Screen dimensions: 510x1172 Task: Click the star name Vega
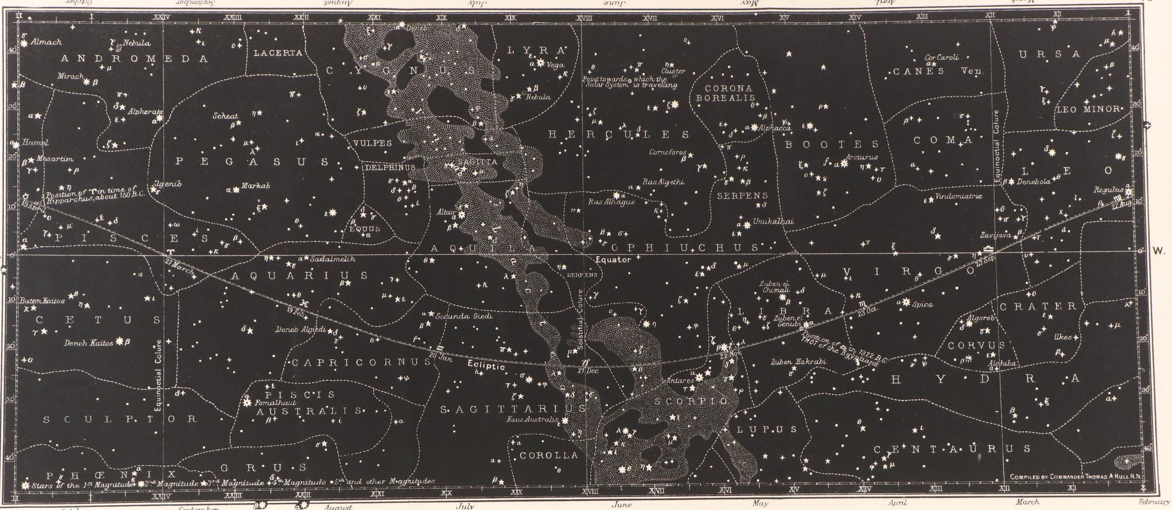click(x=556, y=65)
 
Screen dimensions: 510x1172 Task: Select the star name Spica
click(x=923, y=304)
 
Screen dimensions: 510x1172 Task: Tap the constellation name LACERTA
click(x=277, y=53)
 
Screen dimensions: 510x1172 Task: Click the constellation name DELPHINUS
click(x=390, y=167)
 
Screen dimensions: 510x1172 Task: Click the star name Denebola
click(x=1034, y=181)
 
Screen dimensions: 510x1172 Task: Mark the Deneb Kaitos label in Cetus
click(x=89, y=343)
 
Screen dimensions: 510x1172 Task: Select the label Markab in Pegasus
click(x=256, y=186)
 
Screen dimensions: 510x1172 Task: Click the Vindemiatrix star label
click(x=959, y=196)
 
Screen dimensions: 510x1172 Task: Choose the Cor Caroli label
click(x=941, y=58)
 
